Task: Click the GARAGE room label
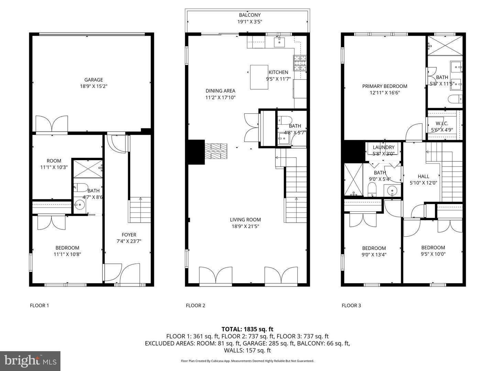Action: point(93,80)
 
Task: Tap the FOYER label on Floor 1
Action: point(129,235)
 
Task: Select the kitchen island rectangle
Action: point(259,77)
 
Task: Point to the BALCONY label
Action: point(250,15)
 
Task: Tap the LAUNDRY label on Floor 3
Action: point(383,147)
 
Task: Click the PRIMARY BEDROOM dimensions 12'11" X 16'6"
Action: point(385,93)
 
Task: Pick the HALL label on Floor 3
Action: point(423,177)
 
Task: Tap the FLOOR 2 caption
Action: point(195,305)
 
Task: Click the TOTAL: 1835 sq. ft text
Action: point(247,329)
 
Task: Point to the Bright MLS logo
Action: point(30,361)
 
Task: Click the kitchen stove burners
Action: point(299,63)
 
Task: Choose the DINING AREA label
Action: point(220,91)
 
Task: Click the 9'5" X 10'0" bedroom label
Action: point(433,248)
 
